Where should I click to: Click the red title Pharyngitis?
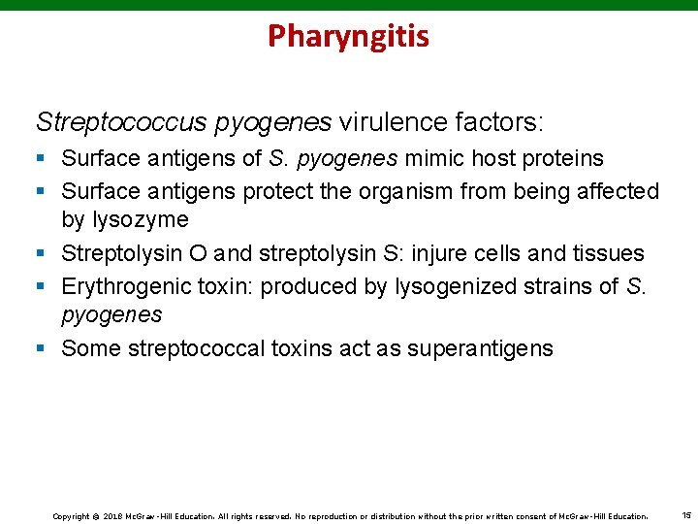(x=348, y=37)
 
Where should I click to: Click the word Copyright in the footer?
(x=70, y=515)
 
